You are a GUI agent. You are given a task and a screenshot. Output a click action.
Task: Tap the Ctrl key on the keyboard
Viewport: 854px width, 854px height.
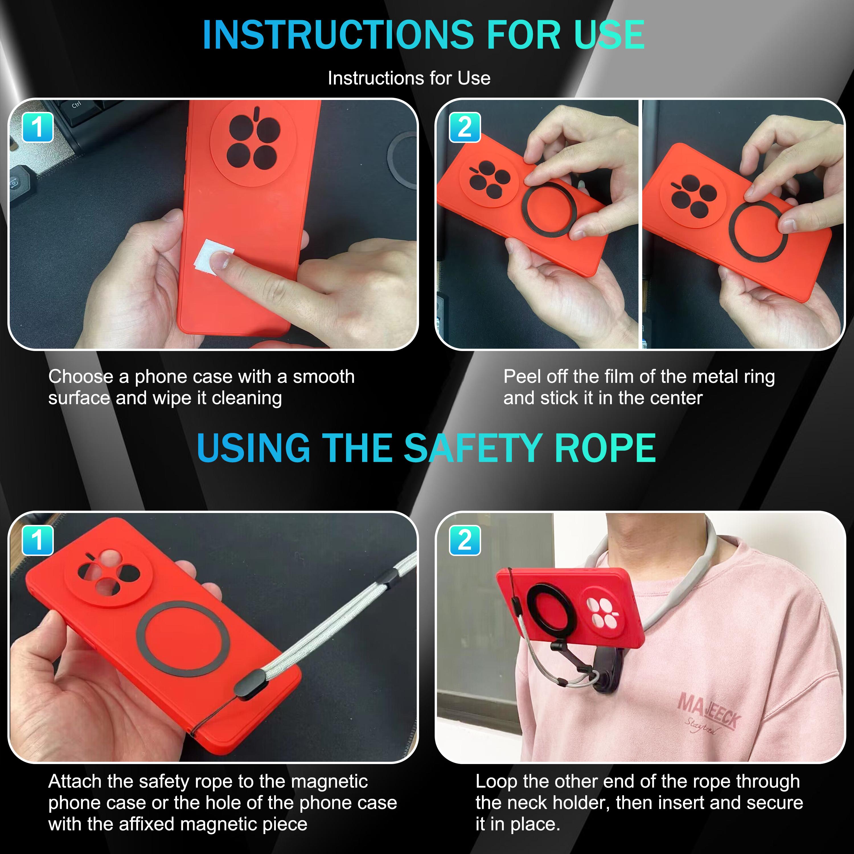(77, 105)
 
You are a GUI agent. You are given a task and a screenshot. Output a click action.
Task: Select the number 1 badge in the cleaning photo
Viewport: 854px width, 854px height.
(38, 127)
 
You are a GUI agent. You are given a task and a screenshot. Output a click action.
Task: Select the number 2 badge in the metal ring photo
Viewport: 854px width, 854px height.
(464, 127)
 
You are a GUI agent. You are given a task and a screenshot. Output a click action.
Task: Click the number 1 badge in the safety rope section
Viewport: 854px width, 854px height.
(38, 540)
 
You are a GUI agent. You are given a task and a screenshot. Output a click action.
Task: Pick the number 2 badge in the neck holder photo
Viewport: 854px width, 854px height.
(464, 540)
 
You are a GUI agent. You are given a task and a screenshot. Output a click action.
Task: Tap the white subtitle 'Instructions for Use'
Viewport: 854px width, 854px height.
(409, 78)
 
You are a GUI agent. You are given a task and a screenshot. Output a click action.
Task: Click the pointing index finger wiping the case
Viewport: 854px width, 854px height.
(261, 278)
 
